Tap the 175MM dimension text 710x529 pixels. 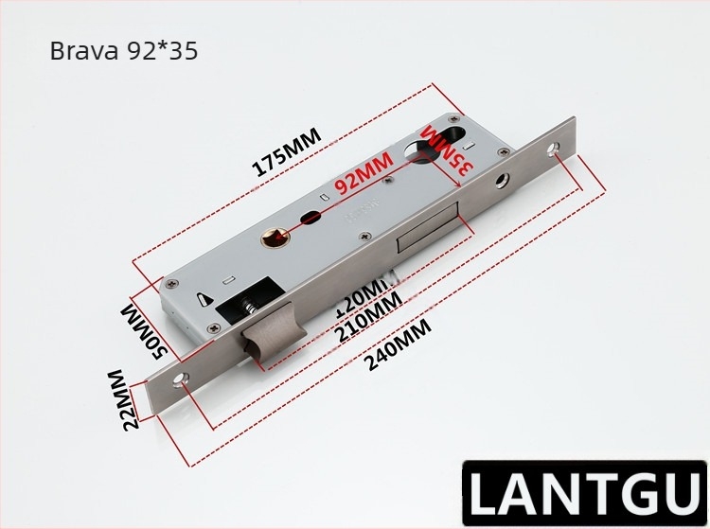click(286, 152)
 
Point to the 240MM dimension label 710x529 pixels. click(398, 347)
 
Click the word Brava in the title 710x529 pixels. click(84, 52)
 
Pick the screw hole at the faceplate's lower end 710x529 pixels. click(183, 380)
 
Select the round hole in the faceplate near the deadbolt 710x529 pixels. click(502, 181)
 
